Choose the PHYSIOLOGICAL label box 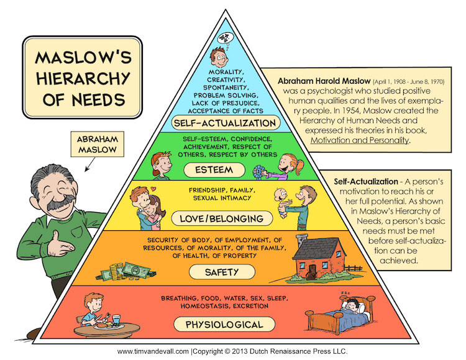coord(224,324)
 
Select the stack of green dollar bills coord(139,270)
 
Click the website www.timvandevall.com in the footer coord(154,351)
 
